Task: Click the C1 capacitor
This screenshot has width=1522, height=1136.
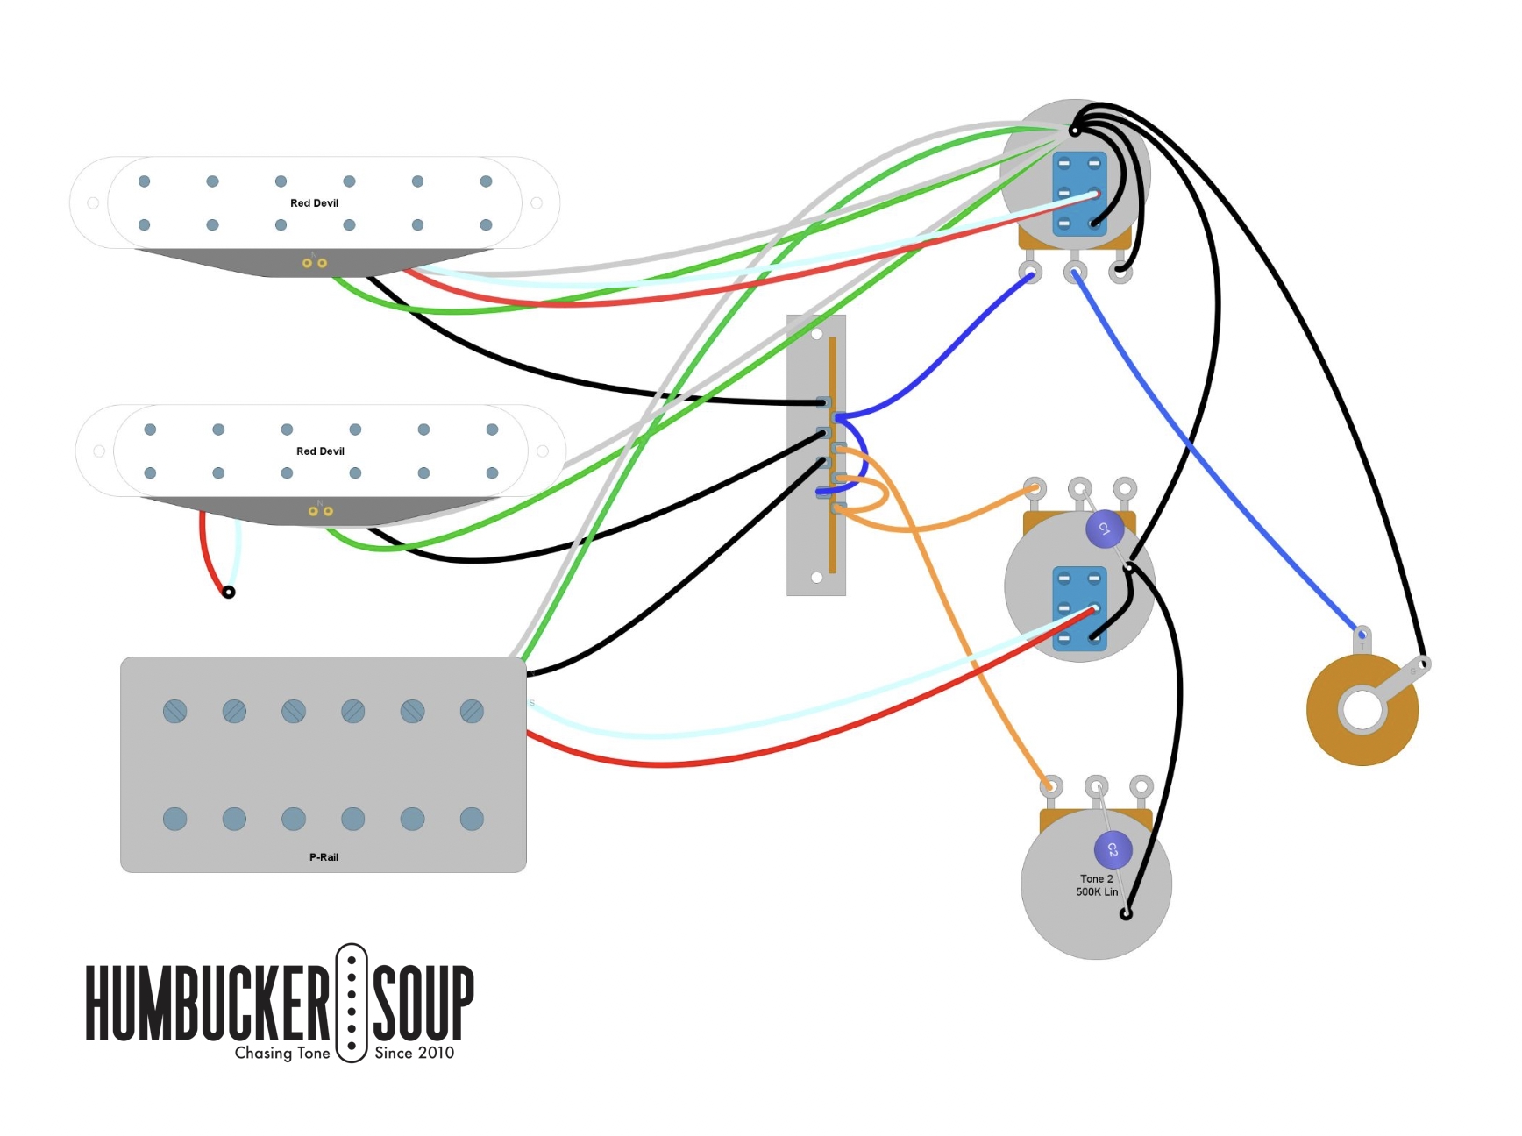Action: point(1104,529)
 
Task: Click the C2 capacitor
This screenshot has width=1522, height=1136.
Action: point(1113,848)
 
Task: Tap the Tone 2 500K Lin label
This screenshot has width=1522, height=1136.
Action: point(1097,885)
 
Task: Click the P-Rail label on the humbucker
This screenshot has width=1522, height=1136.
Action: point(324,856)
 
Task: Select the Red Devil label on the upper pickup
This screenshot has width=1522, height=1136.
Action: point(314,202)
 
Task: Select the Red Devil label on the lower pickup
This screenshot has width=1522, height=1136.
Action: point(320,451)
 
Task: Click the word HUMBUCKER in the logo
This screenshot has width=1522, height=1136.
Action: point(207,1002)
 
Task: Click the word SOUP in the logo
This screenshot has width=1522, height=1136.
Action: point(423,1002)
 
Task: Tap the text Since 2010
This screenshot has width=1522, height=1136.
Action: point(414,1053)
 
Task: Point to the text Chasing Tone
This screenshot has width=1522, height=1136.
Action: point(282,1053)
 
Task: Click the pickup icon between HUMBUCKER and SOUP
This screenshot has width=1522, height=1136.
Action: point(352,1003)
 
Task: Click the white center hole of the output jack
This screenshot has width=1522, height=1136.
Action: point(1362,710)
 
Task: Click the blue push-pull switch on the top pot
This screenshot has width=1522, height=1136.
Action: point(1079,194)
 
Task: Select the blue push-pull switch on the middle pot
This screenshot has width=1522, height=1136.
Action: point(1079,608)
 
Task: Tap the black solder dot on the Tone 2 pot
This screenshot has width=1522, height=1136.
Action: point(1126,914)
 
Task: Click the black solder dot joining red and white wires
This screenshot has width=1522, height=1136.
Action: point(229,593)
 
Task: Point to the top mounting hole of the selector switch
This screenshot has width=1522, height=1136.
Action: point(816,334)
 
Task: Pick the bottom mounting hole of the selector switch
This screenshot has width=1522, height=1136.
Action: point(816,577)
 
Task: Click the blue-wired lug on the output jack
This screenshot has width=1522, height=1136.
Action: point(1362,635)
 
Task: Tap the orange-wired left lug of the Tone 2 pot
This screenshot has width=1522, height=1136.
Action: point(1051,785)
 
